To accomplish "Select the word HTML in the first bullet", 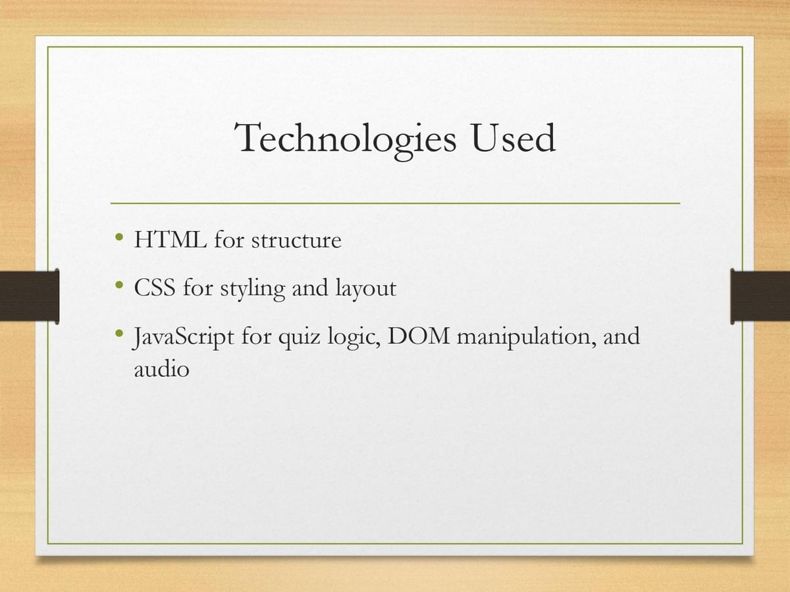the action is (171, 239).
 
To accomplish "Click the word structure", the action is (296, 240).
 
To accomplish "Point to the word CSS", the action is (155, 287).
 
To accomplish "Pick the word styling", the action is (253, 289).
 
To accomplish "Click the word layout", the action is (365, 289).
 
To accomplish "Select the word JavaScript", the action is (184, 337).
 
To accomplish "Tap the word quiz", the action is (300, 337).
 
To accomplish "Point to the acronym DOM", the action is (419, 335).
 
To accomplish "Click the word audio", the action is (161, 368).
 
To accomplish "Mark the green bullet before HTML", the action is (119, 237).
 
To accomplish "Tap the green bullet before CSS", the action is (119, 285).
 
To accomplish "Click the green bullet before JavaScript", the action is (119, 333).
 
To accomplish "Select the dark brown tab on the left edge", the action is (30, 296).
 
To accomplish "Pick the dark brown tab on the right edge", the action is (760, 296).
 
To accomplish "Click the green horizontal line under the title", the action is (395, 203).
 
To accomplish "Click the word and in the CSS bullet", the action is (310, 287).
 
